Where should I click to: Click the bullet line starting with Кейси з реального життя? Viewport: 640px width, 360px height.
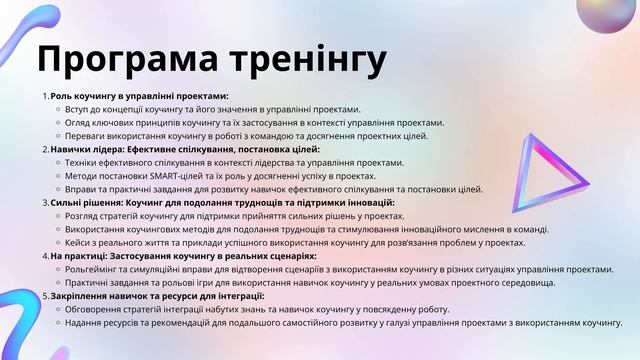point(295,243)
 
